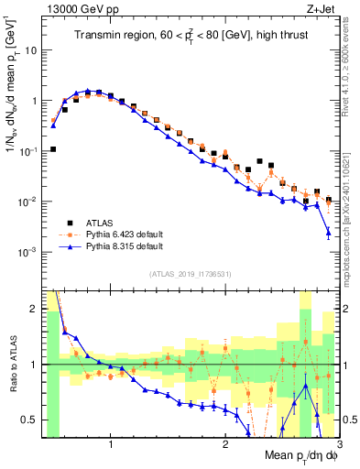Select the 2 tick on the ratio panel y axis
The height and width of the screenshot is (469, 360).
pyautogui.click(x=32, y=309)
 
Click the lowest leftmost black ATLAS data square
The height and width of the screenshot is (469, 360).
pyautogui.click(x=53, y=148)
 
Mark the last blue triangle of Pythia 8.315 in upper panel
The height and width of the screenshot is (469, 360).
pyautogui.click(x=328, y=234)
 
